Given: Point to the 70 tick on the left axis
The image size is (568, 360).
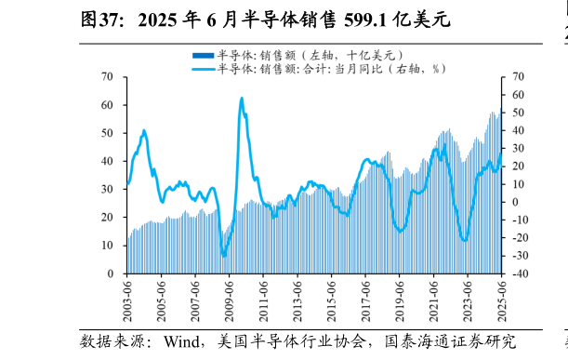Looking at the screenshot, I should [108, 77].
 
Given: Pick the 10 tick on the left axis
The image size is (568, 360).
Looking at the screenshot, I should [108, 247].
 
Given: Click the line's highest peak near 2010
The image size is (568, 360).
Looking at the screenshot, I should [242, 98].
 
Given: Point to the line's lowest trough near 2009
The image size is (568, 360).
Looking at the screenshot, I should [224, 256].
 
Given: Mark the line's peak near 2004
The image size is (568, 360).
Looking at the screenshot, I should [144, 131].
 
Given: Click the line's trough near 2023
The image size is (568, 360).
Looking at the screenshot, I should [465, 240].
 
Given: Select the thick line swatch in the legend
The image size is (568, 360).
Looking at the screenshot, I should [203, 69].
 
